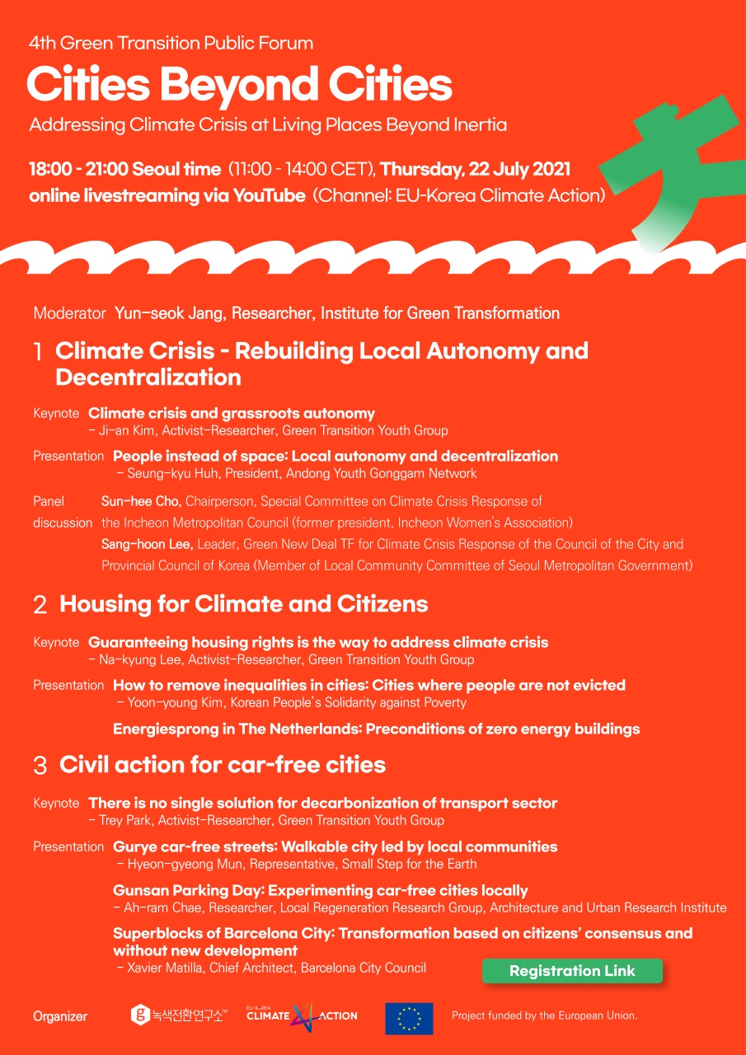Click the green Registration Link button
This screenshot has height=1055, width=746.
point(572,971)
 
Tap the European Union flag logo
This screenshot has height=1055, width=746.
point(409,1018)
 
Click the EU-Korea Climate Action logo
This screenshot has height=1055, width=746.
point(302,1015)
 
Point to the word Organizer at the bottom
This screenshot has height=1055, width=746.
point(60,1016)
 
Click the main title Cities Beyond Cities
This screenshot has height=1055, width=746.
point(239,85)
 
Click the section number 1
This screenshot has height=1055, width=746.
point(38,353)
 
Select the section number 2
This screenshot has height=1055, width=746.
point(40,605)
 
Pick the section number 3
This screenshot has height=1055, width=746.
point(40,766)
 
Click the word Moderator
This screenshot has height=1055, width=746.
point(69,313)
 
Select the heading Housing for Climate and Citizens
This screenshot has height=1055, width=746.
point(243,604)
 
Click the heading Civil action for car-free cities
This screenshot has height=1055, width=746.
point(223,765)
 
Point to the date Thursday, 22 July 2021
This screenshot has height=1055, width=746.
point(476,170)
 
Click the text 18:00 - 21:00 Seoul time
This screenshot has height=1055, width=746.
point(124,170)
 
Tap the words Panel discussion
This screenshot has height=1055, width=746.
point(62,512)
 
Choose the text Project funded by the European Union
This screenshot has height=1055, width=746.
point(544,1015)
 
